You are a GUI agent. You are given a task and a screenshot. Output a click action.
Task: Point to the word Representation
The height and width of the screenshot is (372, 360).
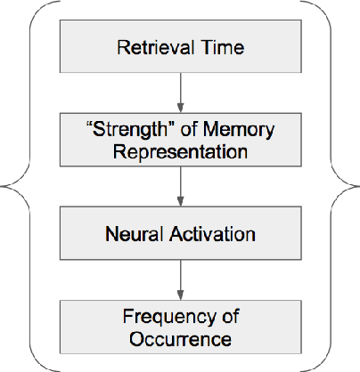point(180,151)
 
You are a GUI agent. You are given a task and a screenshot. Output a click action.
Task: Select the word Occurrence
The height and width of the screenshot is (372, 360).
point(179,339)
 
